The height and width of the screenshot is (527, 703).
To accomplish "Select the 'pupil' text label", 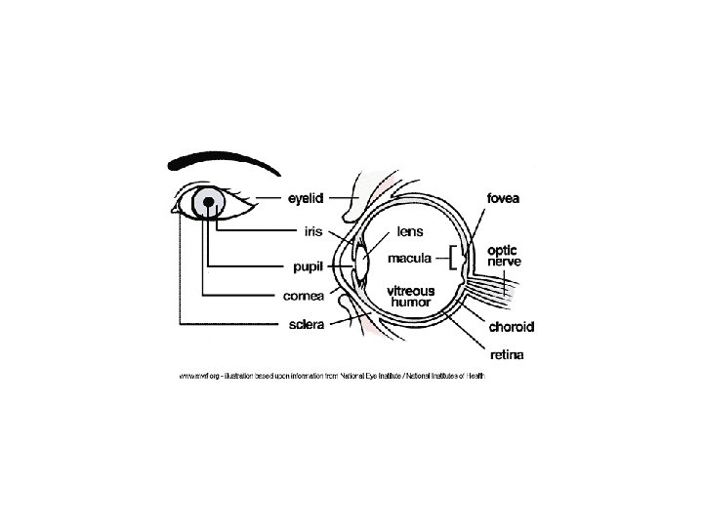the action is [305, 263].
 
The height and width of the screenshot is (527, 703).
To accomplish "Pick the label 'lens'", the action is [409, 233].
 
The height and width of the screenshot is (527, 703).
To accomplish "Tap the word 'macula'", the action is [411, 259].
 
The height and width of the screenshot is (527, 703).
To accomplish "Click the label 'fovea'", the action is [503, 198].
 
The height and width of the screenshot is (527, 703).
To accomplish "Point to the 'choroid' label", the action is [511, 326].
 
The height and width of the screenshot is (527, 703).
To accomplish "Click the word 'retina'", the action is [505, 356].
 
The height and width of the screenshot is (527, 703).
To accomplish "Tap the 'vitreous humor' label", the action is [411, 297].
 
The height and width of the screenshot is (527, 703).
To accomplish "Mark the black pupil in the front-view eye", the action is [208, 202].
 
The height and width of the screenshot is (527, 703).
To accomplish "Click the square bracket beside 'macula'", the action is [451, 259].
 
